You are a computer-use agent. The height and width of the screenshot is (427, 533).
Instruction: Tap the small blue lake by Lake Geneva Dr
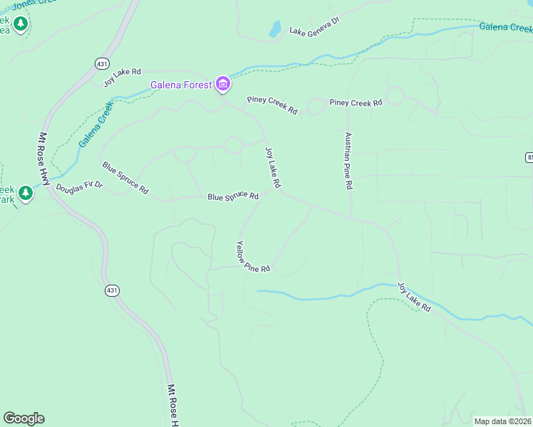tap(274, 29)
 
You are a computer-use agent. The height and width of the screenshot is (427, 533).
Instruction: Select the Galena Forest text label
tap(181, 85)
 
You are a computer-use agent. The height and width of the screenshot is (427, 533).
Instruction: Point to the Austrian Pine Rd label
tap(348, 160)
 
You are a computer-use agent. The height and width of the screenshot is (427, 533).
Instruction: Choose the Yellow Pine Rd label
tap(253, 257)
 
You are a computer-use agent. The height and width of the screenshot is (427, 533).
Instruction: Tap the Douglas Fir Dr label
tap(80, 187)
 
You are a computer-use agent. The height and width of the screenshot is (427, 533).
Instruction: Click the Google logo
tap(24, 418)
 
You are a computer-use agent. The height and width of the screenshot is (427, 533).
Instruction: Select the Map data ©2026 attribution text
tap(503, 421)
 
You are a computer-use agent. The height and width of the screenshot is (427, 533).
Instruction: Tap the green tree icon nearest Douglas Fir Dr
tap(26, 193)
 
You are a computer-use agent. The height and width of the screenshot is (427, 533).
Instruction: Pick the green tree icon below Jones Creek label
tap(21, 24)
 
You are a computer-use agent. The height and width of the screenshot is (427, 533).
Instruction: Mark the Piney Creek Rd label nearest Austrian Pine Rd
tap(356, 103)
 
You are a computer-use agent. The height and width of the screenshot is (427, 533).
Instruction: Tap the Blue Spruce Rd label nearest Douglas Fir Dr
tap(125, 179)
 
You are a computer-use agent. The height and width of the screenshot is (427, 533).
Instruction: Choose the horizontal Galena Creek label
tap(505, 28)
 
